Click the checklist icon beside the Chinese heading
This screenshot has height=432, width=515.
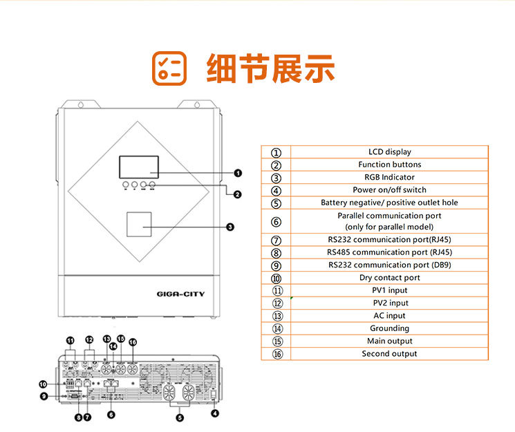(x=169, y=68)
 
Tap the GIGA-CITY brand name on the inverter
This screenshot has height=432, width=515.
(x=180, y=294)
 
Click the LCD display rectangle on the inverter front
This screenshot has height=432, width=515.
(x=138, y=167)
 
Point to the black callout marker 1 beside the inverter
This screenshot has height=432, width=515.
(x=238, y=173)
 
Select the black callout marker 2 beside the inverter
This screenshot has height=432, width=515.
(x=238, y=195)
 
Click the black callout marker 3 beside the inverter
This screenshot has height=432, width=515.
(x=230, y=226)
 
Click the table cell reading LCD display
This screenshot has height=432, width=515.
(x=389, y=152)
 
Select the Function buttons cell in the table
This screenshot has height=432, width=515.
(x=389, y=165)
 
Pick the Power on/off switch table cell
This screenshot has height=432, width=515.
(x=389, y=190)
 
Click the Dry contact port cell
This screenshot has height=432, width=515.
(x=389, y=278)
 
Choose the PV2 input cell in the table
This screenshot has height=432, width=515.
(x=389, y=303)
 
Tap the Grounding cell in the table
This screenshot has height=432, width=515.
(x=389, y=328)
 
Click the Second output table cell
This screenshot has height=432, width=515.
(x=389, y=354)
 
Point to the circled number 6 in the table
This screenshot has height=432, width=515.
(x=277, y=222)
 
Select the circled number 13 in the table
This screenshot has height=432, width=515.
(x=277, y=316)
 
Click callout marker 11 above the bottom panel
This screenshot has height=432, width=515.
(x=70, y=341)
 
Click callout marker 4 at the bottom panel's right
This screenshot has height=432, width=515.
(x=215, y=414)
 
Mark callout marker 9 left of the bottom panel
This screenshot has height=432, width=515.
(x=43, y=396)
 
